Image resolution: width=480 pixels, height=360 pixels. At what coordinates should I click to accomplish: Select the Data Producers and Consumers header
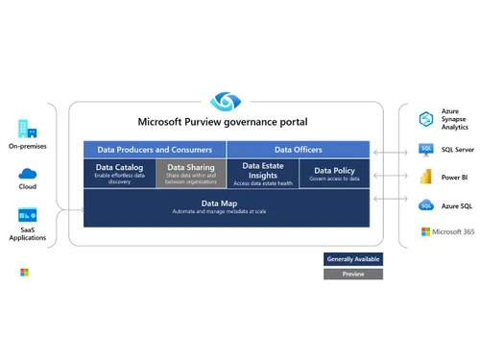coord(155,150)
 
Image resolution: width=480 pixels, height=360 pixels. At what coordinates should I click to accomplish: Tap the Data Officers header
coord(298,150)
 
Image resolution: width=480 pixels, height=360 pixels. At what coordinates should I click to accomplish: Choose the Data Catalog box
coord(119,173)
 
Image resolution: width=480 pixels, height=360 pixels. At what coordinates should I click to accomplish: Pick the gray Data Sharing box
coord(190,173)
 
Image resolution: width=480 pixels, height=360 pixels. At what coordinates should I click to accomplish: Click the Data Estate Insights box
coord(262,173)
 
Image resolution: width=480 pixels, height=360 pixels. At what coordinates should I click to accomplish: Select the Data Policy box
coord(333,174)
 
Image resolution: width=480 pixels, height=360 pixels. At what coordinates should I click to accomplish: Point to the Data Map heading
coord(226,203)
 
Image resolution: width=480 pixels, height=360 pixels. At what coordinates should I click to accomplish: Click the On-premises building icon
coord(26,129)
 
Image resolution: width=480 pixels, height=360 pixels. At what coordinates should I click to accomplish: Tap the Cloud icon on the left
coord(26,173)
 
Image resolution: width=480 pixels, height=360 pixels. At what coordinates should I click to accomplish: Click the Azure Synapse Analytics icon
coord(426,118)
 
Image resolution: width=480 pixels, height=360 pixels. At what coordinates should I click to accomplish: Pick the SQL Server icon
coord(426,149)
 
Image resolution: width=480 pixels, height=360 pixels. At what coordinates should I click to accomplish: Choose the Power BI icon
coord(426,177)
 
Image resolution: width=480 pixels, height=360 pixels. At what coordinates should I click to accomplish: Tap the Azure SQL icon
coord(426,205)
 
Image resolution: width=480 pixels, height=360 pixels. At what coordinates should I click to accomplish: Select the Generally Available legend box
coord(352,258)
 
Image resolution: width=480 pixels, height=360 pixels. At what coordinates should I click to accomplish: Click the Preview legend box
coord(352,274)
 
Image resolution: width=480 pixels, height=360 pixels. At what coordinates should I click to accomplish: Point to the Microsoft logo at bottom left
coord(24,273)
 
